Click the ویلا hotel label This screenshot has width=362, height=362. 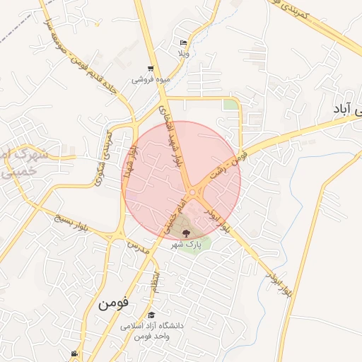point(182,54)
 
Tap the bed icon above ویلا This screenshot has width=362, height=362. point(183,42)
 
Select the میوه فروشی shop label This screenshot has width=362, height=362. point(151,80)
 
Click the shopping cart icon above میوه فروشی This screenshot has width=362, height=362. point(151,69)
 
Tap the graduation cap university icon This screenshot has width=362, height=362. point(151,315)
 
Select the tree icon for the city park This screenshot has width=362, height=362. point(186,231)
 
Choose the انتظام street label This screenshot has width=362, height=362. point(154,281)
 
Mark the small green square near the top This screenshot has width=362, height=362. point(230,105)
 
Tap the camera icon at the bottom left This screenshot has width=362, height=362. point(74,354)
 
